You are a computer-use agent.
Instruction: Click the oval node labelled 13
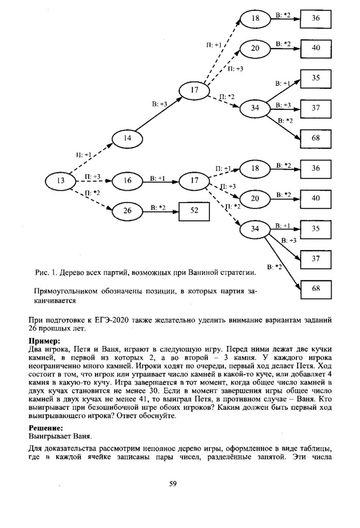point(61,180)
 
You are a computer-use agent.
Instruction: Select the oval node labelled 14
point(128,138)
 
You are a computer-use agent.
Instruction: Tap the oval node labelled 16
point(128,180)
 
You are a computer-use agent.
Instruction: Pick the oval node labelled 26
point(128,210)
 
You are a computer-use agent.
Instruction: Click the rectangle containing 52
point(194,210)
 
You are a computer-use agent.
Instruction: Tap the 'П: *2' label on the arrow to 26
point(92,192)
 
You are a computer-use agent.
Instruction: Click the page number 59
point(173,483)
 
